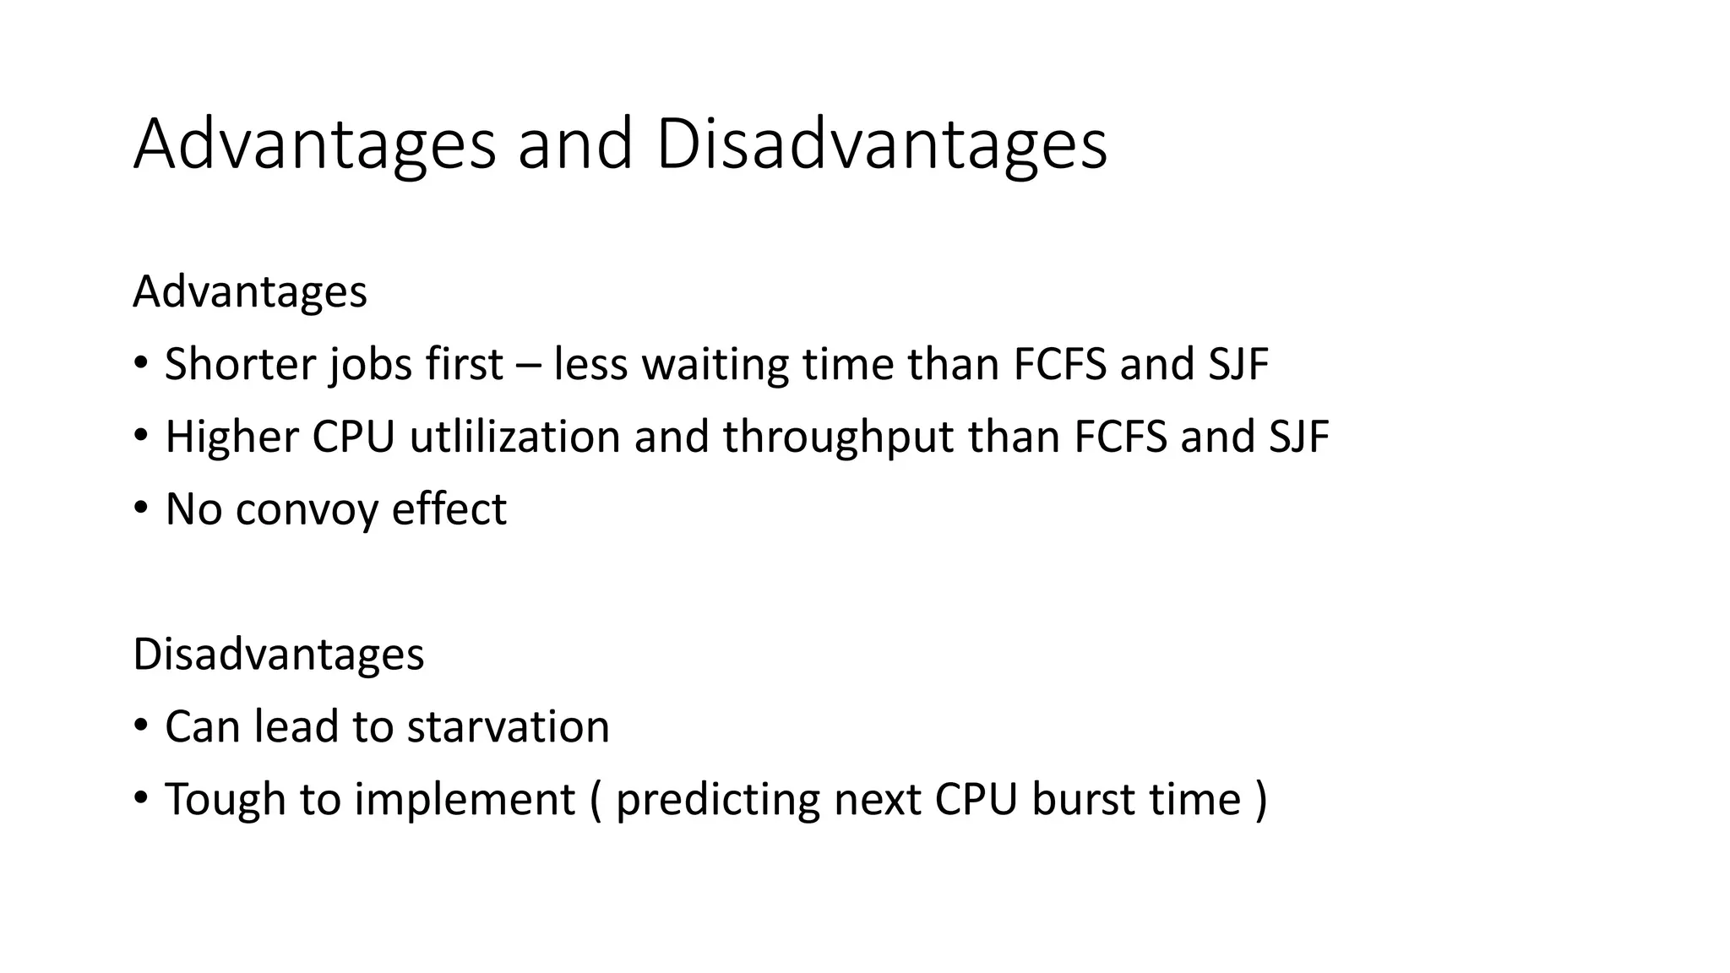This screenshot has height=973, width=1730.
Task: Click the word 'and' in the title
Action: (x=574, y=144)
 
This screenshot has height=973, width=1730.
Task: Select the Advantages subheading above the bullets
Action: (x=250, y=292)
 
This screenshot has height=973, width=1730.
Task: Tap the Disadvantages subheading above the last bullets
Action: (x=278, y=655)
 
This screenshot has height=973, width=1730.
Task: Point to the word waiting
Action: (x=715, y=365)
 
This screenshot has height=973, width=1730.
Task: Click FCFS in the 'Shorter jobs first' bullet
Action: (x=1059, y=365)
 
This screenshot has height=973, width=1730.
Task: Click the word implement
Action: (x=465, y=800)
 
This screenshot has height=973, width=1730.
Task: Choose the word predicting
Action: (x=717, y=800)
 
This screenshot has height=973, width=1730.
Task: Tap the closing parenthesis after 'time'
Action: (x=1261, y=800)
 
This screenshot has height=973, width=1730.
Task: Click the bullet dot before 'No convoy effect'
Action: (x=141, y=508)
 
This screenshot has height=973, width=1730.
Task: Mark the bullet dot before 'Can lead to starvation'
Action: (x=141, y=726)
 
